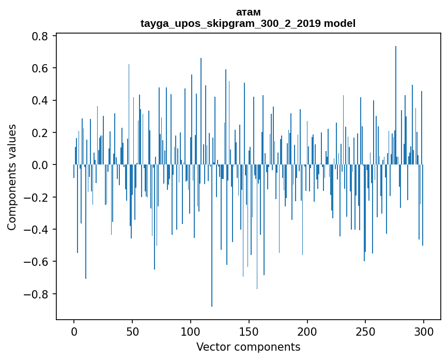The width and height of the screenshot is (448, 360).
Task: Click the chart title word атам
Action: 248,12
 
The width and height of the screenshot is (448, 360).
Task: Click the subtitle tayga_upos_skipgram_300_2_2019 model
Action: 248,23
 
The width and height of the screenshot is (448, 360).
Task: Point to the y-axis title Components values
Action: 12,177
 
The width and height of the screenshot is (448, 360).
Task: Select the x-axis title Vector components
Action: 248,347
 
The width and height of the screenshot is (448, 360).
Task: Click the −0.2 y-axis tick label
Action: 38,197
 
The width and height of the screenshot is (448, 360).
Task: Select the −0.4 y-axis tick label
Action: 38,230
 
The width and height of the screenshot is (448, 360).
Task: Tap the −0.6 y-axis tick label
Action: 38,262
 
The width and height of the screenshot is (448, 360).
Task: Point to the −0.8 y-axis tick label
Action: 38,294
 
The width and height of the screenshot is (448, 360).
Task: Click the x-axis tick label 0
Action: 74,331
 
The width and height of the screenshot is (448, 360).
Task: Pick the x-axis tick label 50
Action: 132,331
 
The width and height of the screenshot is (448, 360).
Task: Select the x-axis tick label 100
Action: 191,331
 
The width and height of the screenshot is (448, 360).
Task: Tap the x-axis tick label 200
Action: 307,331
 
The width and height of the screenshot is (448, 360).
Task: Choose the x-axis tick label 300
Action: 424,331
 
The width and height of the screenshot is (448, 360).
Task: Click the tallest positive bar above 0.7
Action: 396,103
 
